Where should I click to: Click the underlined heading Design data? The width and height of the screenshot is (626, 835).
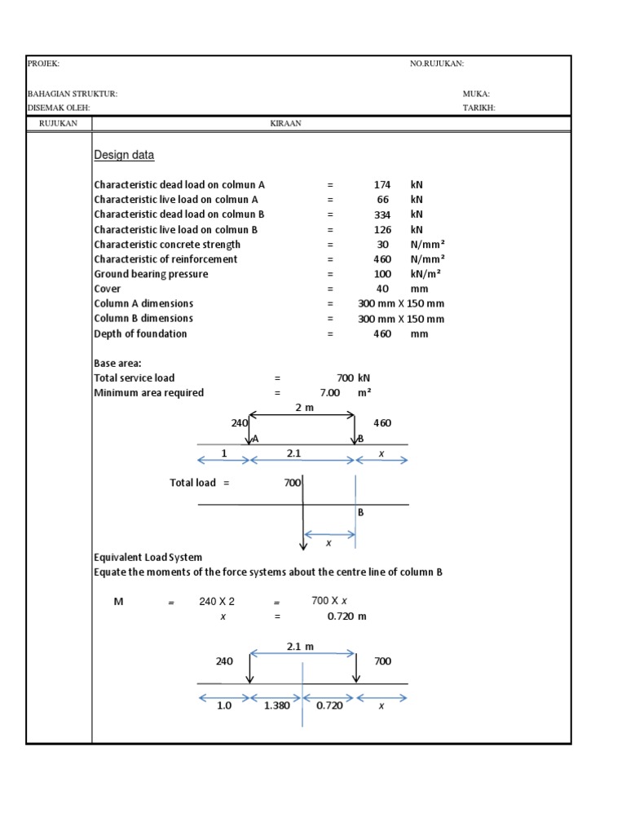click(x=124, y=155)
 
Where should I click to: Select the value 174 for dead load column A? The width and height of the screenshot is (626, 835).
click(x=382, y=185)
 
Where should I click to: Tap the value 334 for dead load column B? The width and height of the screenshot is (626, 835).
click(x=382, y=214)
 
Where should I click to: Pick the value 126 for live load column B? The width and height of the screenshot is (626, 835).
click(x=382, y=230)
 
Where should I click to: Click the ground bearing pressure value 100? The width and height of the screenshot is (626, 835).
click(x=382, y=274)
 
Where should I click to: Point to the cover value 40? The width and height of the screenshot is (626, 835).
click(x=382, y=289)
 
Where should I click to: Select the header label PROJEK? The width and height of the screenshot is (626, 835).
click(x=44, y=64)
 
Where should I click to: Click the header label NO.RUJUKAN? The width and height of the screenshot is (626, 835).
click(x=436, y=64)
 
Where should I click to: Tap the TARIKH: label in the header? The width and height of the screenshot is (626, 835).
click(x=478, y=108)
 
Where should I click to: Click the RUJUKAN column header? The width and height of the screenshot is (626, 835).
click(x=59, y=124)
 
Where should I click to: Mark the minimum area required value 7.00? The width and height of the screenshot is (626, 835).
click(x=329, y=393)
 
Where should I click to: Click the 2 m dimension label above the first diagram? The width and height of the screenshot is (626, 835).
click(x=303, y=408)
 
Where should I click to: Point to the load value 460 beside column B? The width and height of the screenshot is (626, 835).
click(x=382, y=423)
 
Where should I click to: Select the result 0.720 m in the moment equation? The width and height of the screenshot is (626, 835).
click(x=346, y=616)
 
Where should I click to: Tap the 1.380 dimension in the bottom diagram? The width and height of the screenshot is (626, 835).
click(x=277, y=706)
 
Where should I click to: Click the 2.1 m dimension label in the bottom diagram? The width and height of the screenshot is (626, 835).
click(x=300, y=647)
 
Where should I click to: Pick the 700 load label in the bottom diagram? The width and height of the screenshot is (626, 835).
click(x=382, y=661)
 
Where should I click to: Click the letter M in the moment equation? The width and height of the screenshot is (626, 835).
click(x=118, y=602)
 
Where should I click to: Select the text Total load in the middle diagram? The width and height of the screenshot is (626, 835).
click(x=193, y=483)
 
